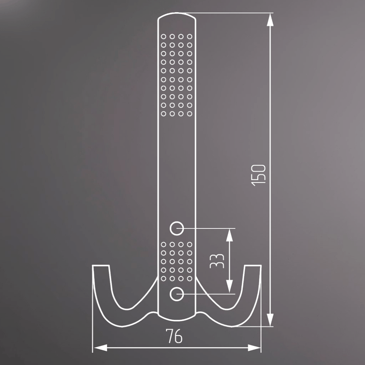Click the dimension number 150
coord(259,175)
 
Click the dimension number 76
coord(174,336)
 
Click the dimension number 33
coord(217,261)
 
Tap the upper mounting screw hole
coord(177,228)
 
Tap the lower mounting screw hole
coord(177,294)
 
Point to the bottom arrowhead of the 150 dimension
coord(270,320)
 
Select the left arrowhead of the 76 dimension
coord(100,348)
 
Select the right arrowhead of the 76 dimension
coord(254,348)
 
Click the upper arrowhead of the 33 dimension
coord(230,235)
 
